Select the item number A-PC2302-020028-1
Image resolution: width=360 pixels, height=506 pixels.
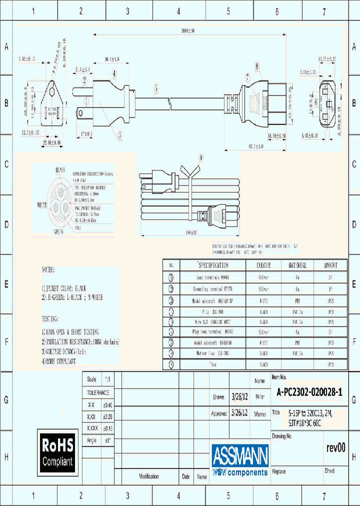point(309,393)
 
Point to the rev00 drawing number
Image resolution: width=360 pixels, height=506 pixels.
point(335,448)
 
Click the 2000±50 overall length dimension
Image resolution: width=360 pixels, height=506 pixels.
point(187,31)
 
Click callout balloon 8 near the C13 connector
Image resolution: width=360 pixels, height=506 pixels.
point(257,66)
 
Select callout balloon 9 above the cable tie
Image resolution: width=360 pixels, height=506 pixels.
point(200,157)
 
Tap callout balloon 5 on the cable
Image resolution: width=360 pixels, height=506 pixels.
point(156,88)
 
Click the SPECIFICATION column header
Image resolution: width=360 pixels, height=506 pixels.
point(212,265)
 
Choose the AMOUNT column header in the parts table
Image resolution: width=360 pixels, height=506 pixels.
point(330,265)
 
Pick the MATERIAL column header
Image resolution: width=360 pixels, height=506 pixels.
point(297,265)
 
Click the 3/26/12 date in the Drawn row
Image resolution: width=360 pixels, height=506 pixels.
point(240,397)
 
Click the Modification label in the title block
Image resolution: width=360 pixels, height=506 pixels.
point(149,476)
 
